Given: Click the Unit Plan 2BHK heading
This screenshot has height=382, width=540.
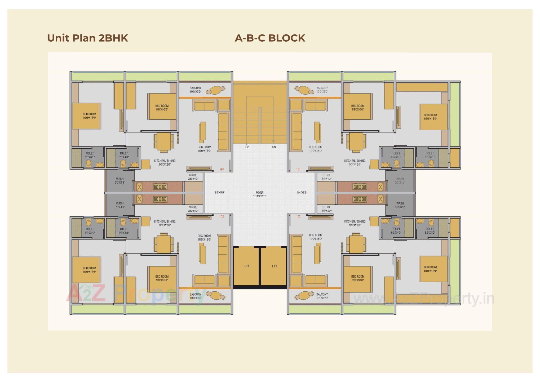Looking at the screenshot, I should (x=87, y=38).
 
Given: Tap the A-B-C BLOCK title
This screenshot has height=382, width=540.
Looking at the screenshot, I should (x=270, y=38).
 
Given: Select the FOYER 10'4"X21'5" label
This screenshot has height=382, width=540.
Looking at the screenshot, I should (x=259, y=195).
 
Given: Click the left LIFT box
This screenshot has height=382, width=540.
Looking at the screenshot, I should (x=246, y=266).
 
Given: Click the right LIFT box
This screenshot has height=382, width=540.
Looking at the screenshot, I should (x=274, y=266).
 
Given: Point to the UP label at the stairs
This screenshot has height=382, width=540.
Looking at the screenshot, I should (x=247, y=147).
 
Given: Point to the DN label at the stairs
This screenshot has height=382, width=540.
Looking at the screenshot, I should (x=274, y=147).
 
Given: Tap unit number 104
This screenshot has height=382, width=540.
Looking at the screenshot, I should (x=222, y=169).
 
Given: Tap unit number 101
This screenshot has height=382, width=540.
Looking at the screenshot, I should (x=298, y=169).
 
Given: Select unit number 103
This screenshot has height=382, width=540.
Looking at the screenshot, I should (x=221, y=216).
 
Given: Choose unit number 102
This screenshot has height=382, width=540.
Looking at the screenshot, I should (x=298, y=216).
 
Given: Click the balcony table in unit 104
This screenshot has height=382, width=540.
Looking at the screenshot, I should (x=215, y=90).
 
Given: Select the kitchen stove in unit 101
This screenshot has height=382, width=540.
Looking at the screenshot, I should (x=359, y=187).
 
